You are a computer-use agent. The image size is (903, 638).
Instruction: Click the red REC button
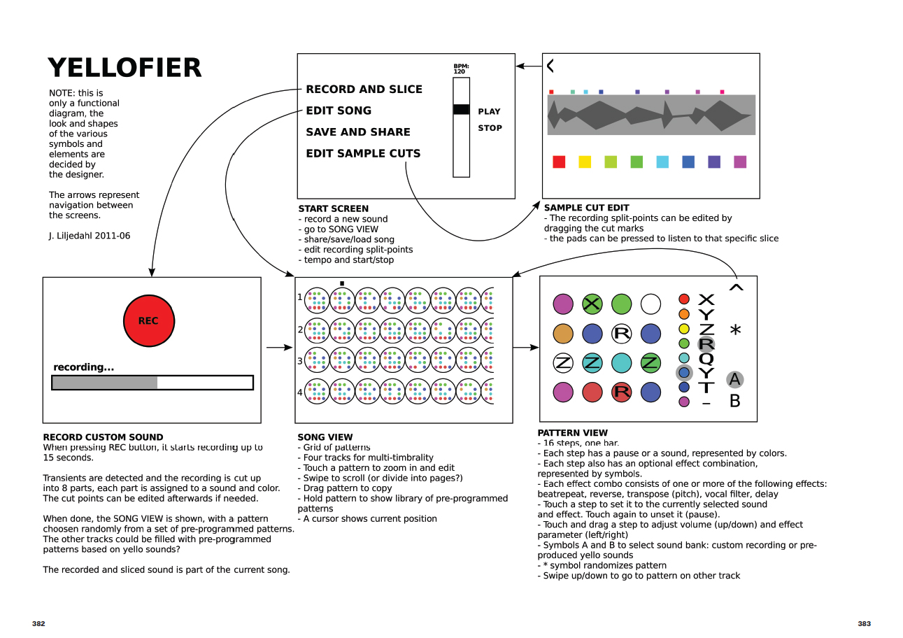[148, 321]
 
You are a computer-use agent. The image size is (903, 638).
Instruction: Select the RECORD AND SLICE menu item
[364, 89]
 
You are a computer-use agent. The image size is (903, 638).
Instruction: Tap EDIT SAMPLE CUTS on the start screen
[363, 153]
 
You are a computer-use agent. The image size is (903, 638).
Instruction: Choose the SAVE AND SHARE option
[357, 132]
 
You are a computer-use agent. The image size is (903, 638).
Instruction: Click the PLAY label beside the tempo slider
[489, 111]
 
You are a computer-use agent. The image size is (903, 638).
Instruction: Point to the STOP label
[490, 128]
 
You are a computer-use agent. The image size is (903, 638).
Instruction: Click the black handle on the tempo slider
[461, 109]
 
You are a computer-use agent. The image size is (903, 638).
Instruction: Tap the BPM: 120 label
[460, 69]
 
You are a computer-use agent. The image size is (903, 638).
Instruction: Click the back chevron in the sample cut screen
[550, 66]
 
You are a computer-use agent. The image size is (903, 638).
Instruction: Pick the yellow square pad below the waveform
[585, 162]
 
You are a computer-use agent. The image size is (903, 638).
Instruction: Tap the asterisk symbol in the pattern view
[735, 330]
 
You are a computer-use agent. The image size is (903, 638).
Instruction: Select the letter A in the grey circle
[734, 379]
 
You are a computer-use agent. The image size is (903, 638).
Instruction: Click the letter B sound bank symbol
[734, 402]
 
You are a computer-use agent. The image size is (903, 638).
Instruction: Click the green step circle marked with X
[592, 304]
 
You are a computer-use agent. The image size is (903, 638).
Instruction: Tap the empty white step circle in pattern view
[650, 304]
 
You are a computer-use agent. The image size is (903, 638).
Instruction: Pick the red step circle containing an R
[621, 392]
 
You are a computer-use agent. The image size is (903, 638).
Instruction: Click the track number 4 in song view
[300, 392]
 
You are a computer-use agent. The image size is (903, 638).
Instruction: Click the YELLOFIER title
[125, 68]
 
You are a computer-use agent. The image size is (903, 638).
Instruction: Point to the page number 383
[864, 623]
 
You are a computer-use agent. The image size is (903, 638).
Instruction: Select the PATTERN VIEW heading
[572, 433]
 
